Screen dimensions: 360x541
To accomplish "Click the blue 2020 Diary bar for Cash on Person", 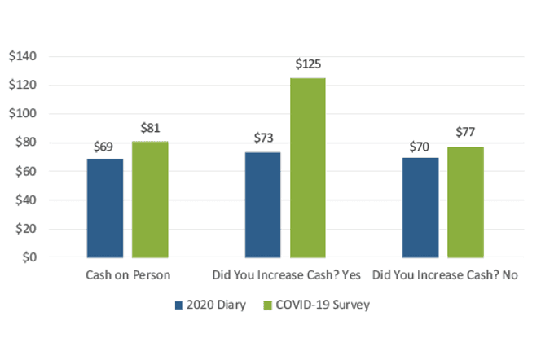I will coord(105,208).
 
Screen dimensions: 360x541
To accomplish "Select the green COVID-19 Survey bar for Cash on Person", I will coord(150,200).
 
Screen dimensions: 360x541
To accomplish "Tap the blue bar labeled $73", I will coord(262,204).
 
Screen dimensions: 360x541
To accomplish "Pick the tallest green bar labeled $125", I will coord(307,167).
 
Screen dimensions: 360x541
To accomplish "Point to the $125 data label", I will coord(307,64).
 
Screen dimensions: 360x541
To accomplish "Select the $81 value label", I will coord(150,128).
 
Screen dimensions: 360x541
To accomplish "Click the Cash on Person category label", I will coord(128,275).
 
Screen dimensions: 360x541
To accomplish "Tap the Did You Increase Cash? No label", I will coord(446,275).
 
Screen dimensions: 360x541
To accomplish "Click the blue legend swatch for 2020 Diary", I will coord(179,305).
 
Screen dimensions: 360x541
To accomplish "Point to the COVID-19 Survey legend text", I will coord(323,305).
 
